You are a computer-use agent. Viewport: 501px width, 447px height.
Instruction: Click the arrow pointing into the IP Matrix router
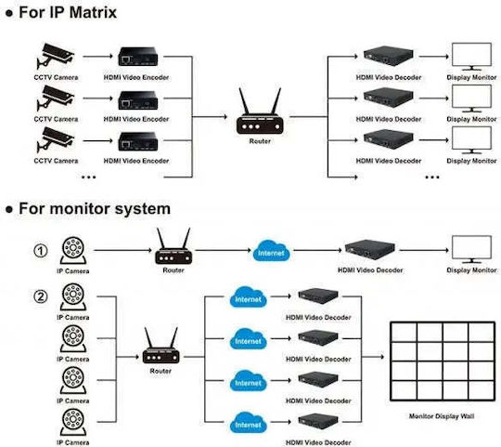pyautogui.click(x=210, y=117)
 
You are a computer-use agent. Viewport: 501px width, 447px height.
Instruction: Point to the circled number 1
pyautogui.click(x=41, y=251)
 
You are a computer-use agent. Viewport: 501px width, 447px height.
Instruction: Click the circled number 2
pyautogui.click(x=41, y=296)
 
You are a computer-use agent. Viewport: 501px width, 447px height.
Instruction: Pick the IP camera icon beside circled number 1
pyautogui.click(x=73, y=251)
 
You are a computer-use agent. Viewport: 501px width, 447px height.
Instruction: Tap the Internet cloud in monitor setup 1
pyautogui.click(x=271, y=251)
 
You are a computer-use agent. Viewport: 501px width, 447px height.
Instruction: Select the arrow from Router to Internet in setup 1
pyautogui.click(x=223, y=250)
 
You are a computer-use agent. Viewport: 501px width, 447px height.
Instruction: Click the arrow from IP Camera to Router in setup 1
pyautogui.click(x=123, y=250)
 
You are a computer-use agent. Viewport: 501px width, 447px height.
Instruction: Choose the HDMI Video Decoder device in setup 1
pyautogui.click(x=369, y=249)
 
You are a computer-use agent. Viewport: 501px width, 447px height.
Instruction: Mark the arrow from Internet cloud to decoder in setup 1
pyautogui.click(x=317, y=250)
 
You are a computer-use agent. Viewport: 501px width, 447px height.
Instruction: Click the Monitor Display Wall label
pyautogui.click(x=442, y=416)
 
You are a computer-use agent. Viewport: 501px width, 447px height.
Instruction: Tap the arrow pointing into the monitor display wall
pyautogui.click(x=373, y=356)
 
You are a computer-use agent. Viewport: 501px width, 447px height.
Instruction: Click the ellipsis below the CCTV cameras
pyautogui.click(x=88, y=177)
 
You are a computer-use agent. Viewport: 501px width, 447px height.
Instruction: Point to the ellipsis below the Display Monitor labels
pyautogui.click(x=432, y=177)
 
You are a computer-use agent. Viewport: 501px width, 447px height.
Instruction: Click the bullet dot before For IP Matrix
pyautogui.click(x=10, y=13)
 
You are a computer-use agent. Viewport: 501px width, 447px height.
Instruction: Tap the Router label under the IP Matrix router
pyautogui.click(x=260, y=141)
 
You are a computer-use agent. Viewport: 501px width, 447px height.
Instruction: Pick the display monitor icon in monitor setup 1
pyautogui.click(x=471, y=249)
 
